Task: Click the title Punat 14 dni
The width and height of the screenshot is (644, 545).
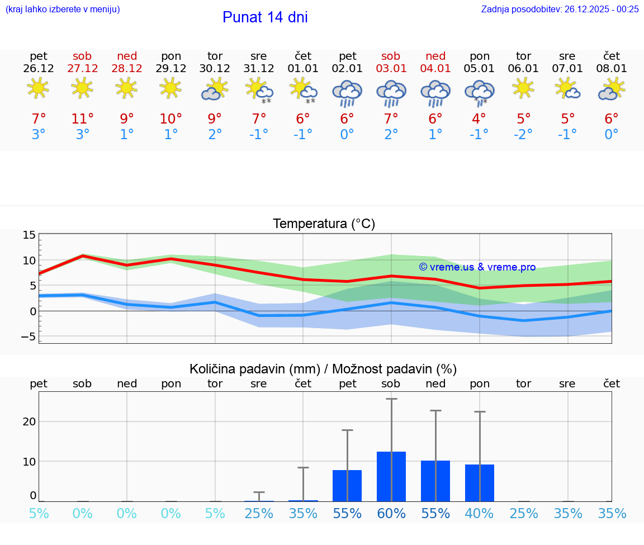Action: coord(265,17)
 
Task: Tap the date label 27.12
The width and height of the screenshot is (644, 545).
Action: coord(82,69)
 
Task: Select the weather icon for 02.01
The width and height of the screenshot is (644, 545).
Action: coord(347,93)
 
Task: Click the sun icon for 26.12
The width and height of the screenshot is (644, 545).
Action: coord(38,88)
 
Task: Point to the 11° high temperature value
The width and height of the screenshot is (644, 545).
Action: coord(82,119)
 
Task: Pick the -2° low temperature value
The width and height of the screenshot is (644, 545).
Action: coord(523,135)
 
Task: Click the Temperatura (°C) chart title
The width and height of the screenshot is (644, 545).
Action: coord(324,224)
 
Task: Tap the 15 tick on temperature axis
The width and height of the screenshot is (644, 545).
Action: coord(29,235)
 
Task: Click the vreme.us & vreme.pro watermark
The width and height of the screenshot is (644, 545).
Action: coord(477,267)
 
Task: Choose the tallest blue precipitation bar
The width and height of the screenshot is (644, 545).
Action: coord(391,476)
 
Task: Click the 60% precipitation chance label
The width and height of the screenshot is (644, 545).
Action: coord(391,514)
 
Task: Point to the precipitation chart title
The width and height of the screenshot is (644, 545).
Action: coord(323,369)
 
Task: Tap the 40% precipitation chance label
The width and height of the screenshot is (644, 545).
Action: coord(479,514)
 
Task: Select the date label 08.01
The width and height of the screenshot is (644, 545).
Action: coord(612,69)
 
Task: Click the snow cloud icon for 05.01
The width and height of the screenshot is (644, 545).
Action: coord(479,92)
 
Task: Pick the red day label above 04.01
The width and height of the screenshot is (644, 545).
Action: coord(435,56)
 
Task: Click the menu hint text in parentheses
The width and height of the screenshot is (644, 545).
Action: coord(62,9)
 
